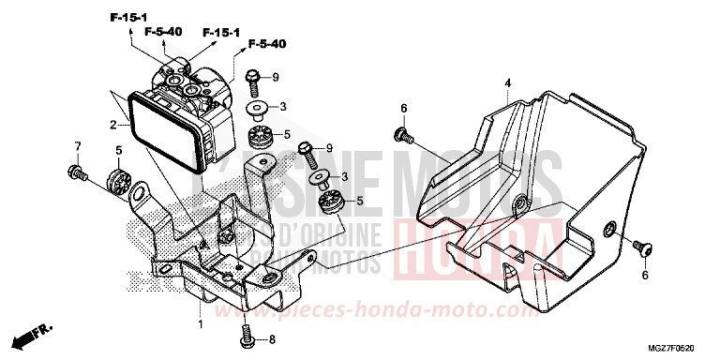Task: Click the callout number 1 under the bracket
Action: click(x=200, y=323)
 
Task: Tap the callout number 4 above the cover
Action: click(x=507, y=83)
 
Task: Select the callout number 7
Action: click(x=79, y=145)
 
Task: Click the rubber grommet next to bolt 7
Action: click(x=118, y=179)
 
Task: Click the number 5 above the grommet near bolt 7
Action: click(x=118, y=150)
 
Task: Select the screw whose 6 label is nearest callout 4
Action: click(x=403, y=136)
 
